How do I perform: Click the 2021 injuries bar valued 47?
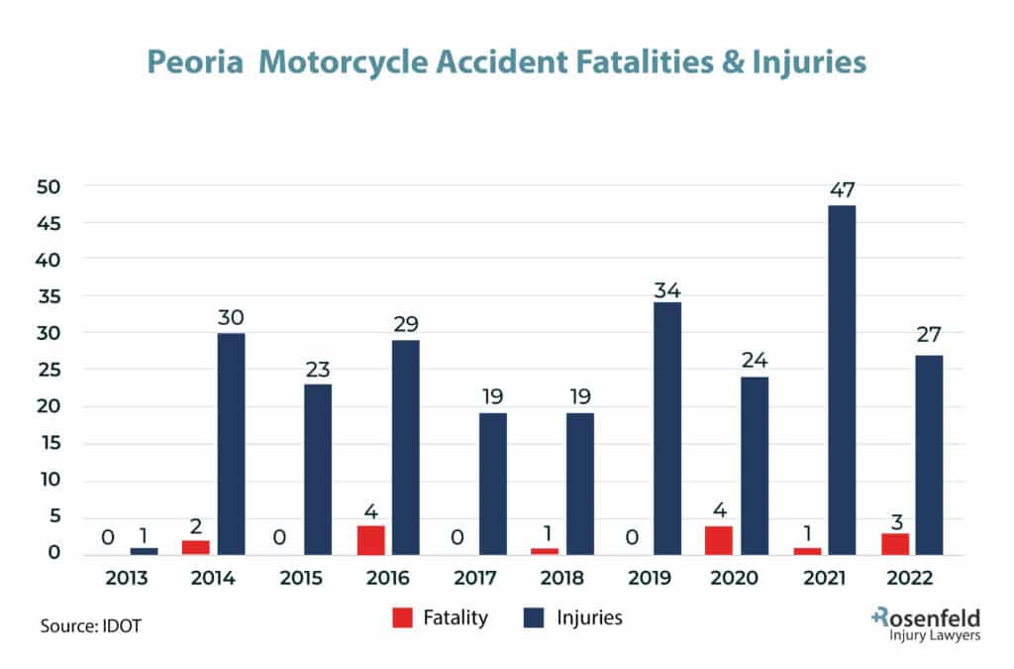pyautogui.click(x=842, y=380)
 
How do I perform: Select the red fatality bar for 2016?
pyautogui.click(x=370, y=539)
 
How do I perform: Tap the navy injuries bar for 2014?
pyautogui.click(x=231, y=443)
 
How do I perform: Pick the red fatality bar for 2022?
pyautogui.click(x=895, y=543)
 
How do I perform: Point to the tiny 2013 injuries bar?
pyautogui.click(x=144, y=551)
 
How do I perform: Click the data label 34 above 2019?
pyautogui.click(x=666, y=290)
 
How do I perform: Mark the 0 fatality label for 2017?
pyautogui.click(x=458, y=538)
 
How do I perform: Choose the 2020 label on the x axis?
pyautogui.click(x=733, y=579)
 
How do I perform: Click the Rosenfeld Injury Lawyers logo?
pyautogui.click(x=926, y=626)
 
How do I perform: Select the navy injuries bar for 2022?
pyautogui.click(x=929, y=455)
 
